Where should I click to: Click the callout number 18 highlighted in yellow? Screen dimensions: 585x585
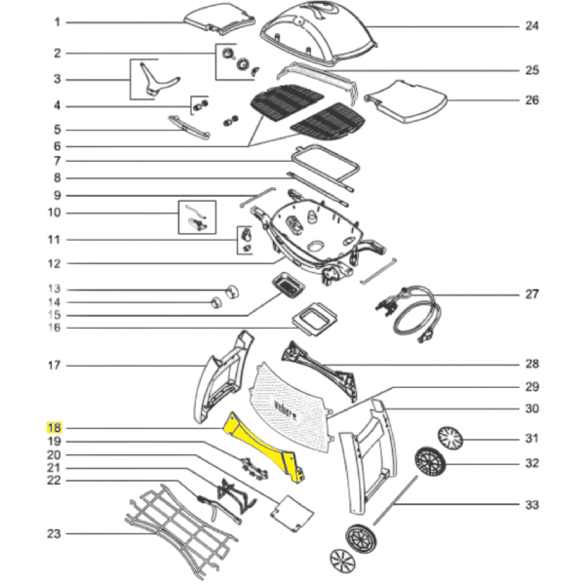pos(55,427)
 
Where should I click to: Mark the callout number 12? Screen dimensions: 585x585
pos(56,262)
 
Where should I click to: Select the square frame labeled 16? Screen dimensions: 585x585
pos(315,318)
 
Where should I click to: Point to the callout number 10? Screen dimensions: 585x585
pos(56,212)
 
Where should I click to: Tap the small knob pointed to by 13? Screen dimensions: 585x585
pos(232,289)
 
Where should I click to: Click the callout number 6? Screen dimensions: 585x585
pos(56,144)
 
